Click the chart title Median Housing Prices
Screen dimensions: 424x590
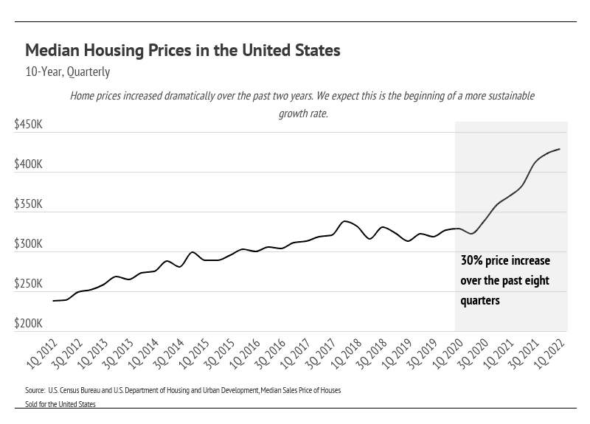pos(183,51)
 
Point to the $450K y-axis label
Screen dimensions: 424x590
pos(28,124)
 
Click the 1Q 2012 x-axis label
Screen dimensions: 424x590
pos(44,352)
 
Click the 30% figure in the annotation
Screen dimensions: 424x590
pos(473,260)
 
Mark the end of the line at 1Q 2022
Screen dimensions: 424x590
pos(560,149)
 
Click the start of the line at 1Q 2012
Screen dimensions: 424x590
pos(53,301)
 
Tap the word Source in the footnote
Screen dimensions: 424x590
pos(35,389)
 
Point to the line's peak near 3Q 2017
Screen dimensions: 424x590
pos(344,221)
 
